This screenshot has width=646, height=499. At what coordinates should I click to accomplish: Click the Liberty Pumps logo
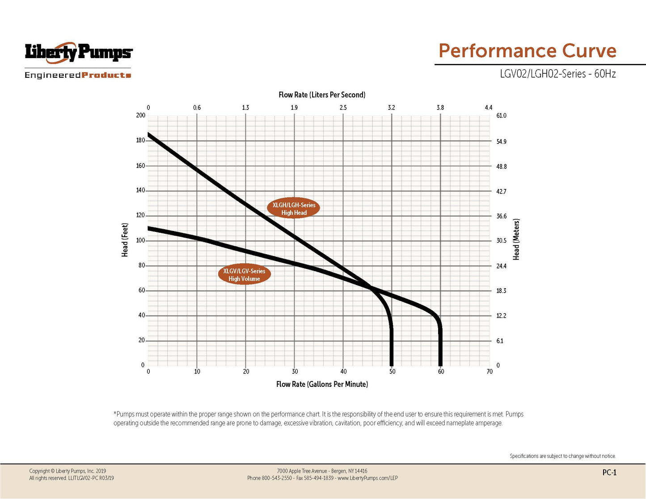(78, 53)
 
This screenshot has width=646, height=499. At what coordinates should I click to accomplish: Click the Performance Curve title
(527, 51)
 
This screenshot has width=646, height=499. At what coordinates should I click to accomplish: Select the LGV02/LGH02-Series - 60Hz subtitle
(557, 74)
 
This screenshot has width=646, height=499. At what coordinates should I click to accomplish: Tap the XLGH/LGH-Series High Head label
(294, 209)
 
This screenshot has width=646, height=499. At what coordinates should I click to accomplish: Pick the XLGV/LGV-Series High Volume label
(244, 275)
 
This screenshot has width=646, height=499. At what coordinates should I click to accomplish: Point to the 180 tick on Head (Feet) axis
(140, 140)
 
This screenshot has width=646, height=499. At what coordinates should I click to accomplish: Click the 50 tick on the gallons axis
(392, 372)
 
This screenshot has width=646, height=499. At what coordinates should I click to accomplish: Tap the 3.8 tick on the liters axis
(440, 108)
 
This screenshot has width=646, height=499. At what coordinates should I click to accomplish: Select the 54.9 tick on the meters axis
(501, 142)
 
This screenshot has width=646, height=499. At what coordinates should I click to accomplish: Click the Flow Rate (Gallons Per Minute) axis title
(322, 384)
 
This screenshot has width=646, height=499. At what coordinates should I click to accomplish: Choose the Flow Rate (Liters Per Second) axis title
(322, 95)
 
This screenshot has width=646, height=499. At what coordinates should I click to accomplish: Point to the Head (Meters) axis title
(516, 239)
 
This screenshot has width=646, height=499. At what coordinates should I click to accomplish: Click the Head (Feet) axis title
(125, 240)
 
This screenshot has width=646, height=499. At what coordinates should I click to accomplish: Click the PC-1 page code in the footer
(609, 473)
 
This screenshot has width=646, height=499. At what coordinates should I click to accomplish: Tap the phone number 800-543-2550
(277, 478)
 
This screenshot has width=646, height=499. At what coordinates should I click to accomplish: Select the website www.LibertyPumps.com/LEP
(367, 478)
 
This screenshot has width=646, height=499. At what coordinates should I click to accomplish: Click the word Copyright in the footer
(39, 471)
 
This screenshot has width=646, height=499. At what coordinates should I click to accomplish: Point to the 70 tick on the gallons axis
(490, 372)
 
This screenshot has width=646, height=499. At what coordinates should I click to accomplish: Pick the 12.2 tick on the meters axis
(501, 316)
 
